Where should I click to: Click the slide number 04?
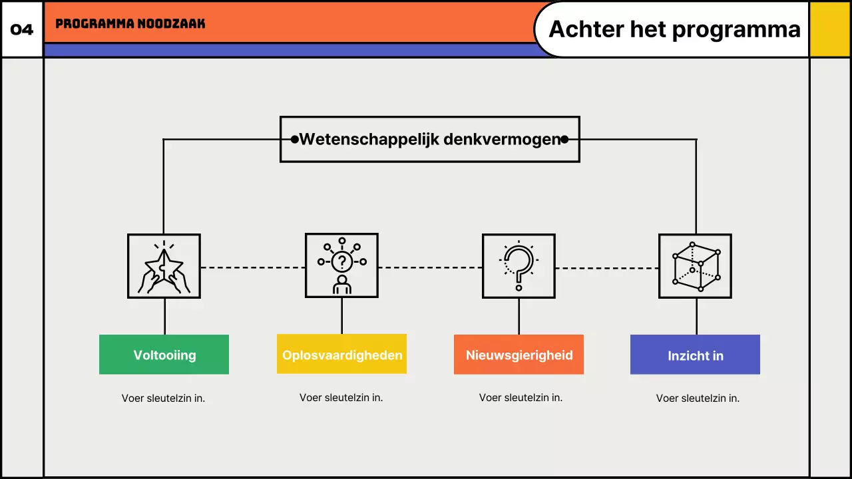(x=22, y=30)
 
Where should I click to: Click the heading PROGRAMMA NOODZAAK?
(x=130, y=24)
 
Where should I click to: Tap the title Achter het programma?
(x=674, y=29)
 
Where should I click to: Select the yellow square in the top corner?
(x=830, y=29)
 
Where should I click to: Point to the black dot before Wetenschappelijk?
(x=295, y=139)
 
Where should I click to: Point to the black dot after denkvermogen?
(x=564, y=139)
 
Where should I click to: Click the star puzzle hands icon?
(x=164, y=266)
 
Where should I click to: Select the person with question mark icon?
(x=341, y=266)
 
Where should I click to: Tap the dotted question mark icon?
(x=519, y=266)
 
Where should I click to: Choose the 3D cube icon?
(x=695, y=266)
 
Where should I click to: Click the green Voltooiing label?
(x=164, y=355)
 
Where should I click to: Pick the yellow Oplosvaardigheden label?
(x=341, y=355)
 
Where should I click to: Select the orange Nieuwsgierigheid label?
(x=519, y=355)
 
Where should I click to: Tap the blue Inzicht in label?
(x=695, y=355)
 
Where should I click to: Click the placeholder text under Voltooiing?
(x=163, y=399)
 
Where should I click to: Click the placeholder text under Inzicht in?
(x=698, y=399)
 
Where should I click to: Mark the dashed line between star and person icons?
(x=253, y=267)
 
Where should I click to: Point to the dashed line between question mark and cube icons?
(x=607, y=268)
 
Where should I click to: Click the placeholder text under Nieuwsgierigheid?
(x=521, y=398)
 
